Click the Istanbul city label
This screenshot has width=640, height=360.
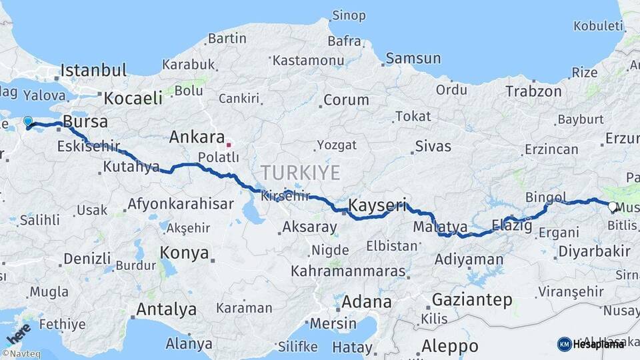[93, 70]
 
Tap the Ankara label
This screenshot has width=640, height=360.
[197, 137]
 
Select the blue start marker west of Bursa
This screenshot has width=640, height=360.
[27, 122]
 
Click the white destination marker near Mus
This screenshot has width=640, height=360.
[613, 207]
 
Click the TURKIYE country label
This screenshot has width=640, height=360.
[300, 173]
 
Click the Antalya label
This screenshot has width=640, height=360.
[166, 309]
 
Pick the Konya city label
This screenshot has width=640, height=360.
[185, 253]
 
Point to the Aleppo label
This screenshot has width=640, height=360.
[449, 347]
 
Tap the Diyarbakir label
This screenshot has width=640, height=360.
[594, 251]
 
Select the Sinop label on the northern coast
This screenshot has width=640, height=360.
[349, 15]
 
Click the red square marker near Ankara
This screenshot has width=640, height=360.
[229, 144]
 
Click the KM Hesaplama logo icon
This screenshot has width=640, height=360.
[564, 344]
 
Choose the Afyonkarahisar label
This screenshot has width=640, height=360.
[180, 204]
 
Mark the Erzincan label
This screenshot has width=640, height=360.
[551, 149]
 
